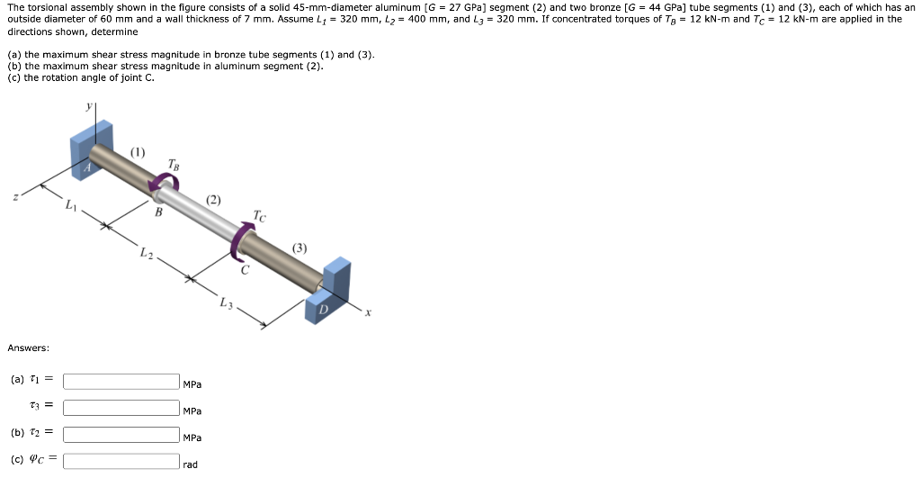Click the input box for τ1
(121, 382)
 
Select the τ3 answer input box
(121, 408)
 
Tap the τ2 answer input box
(121, 435)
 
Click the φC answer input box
(121, 461)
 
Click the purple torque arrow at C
(237, 242)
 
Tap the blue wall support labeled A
(91, 150)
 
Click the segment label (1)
(138, 152)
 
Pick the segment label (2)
(213, 200)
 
